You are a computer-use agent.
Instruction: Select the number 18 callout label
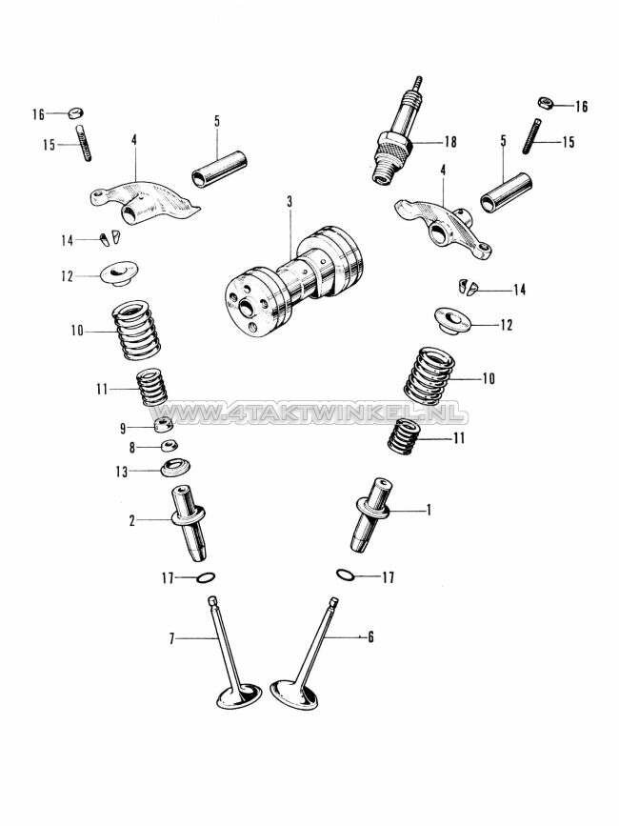[x=449, y=142]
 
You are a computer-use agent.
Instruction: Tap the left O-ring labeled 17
[x=204, y=577]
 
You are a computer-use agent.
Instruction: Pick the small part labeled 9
[x=163, y=424]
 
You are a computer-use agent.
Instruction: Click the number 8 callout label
[x=133, y=446]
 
